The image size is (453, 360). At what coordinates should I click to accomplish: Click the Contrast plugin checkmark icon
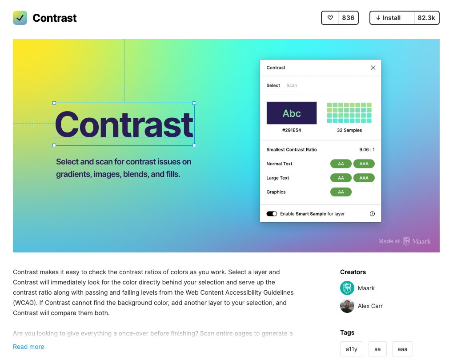[x=20, y=18]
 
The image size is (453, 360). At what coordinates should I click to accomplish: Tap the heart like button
[x=330, y=18]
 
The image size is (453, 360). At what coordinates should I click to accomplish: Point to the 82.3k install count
[x=426, y=18]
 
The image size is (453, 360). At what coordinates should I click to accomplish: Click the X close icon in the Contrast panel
[x=373, y=68]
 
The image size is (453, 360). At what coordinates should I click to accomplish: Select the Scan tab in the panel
[x=292, y=85]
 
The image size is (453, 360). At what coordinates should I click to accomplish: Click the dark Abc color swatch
[x=292, y=113]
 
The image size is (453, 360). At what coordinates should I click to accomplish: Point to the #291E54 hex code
[x=292, y=130]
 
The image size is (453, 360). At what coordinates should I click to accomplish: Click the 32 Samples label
[x=349, y=130]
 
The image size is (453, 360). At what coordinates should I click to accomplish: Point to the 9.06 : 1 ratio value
[x=367, y=150]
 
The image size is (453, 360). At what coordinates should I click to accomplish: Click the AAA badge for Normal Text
[x=364, y=164]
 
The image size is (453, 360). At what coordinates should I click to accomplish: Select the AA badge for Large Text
[x=341, y=178]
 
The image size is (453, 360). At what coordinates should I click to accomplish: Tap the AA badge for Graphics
[x=341, y=192]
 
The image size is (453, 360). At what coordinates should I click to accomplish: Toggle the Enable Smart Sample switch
[x=272, y=214]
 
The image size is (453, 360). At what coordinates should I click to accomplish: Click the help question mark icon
[x=372, y=214]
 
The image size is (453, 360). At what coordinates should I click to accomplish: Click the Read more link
[x=28, y=347]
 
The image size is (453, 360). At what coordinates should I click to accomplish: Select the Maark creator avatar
[x=347, y=288]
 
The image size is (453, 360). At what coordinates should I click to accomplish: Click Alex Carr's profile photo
[x=347, y=306]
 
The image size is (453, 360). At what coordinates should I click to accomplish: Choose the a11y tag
[x=352, y=349]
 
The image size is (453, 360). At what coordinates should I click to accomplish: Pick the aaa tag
[x=402, y=349]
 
